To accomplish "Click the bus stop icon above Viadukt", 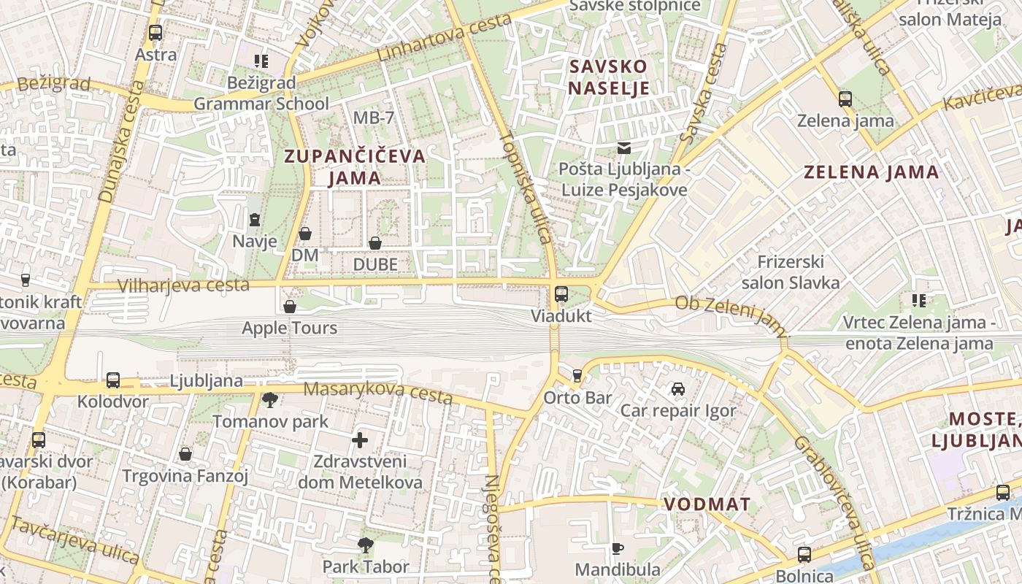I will (561, 294).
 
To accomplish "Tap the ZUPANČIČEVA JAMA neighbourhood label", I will (355, 166).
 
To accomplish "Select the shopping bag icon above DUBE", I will (375, 243).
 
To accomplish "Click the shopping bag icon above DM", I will (305, 234).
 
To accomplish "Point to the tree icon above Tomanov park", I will (269, 399).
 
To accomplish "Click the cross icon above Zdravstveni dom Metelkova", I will (359, 440).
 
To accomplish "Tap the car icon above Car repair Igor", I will (678, 389).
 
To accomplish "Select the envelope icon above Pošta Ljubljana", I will (623, 148).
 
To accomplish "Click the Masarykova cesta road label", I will (377, 393).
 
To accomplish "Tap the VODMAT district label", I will (707, 504).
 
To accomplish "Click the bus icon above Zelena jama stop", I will (845, 99).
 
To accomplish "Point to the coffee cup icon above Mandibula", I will (618, 548).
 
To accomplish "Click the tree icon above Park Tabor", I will (366, 545).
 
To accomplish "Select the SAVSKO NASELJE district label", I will (609, 77).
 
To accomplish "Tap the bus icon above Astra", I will (155, 33).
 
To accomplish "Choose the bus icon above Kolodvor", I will (113, 380).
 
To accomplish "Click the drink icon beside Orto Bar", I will (577, 376).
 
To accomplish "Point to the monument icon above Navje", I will (255, 219).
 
